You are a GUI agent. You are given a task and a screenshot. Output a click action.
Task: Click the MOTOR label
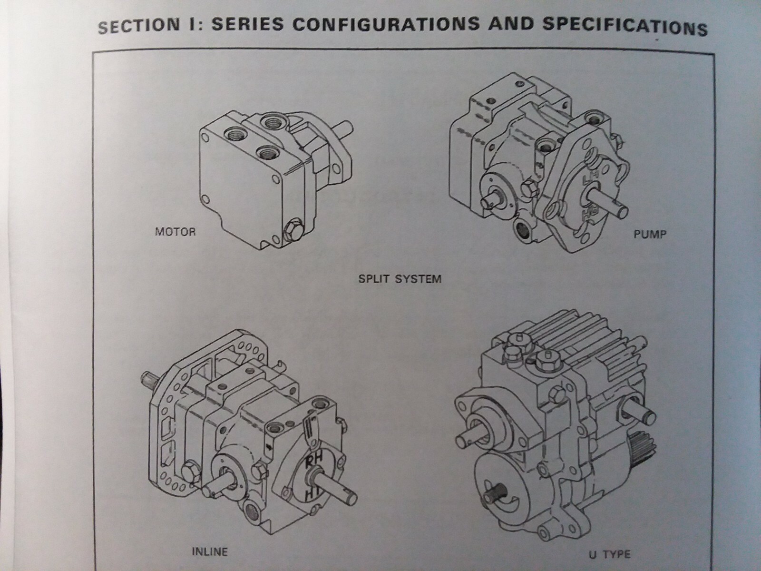[x=175, y=232]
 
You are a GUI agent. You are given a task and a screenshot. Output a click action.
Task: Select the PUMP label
[x=650, y=234]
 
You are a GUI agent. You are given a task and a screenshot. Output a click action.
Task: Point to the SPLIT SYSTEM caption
[x=400, y=278]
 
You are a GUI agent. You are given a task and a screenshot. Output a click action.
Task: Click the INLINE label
[x=209, y=552]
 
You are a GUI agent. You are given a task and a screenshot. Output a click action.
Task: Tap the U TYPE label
[x=611, y=554]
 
